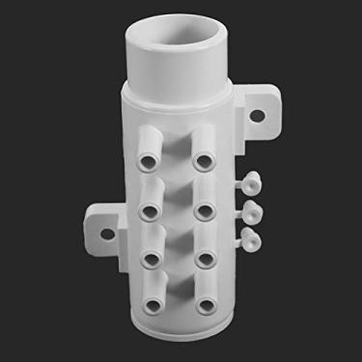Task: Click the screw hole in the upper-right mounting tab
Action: pos(259,116)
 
